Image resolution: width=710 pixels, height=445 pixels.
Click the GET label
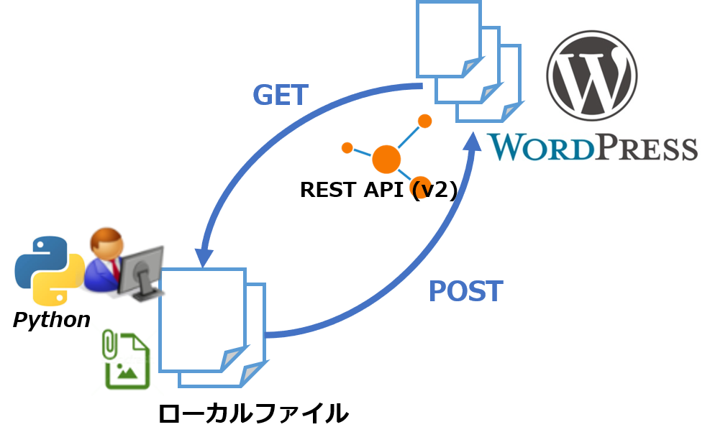pos(280,95)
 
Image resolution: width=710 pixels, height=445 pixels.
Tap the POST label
pos(465,291)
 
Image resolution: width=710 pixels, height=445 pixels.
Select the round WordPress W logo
pos(591,74)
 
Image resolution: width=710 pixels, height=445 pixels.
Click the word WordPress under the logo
pos(593,147)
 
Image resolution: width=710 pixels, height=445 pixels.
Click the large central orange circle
pos(386,159)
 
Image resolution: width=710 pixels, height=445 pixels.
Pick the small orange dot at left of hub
pos(347,147)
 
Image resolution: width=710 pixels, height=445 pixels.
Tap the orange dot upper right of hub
pos(425,121)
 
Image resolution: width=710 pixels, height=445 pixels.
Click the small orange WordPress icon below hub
pos(421,188)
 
